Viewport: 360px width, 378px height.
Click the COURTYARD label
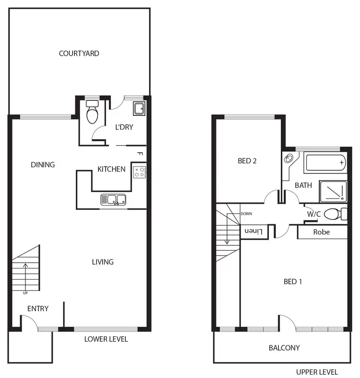tap(79, 53)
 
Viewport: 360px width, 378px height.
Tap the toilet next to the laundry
tap(91, 112)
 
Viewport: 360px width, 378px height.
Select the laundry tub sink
tap(139, 109)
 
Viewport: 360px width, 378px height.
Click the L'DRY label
tap(124, 127)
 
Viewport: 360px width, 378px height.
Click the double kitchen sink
tap(113, 199)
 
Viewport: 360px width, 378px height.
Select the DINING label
tap(43, 164)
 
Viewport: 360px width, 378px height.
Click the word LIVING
tap(103, 262)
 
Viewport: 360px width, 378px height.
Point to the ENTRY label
tap(37, 308)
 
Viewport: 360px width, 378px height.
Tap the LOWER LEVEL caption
tap(106, 339)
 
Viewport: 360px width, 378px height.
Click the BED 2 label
tap(247, 161)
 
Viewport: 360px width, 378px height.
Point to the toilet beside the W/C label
tap(334, 214)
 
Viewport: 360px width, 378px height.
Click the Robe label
tap(321, 232)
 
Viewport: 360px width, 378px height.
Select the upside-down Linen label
tap(254, 232)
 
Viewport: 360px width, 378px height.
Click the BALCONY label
tap(284, 348)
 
